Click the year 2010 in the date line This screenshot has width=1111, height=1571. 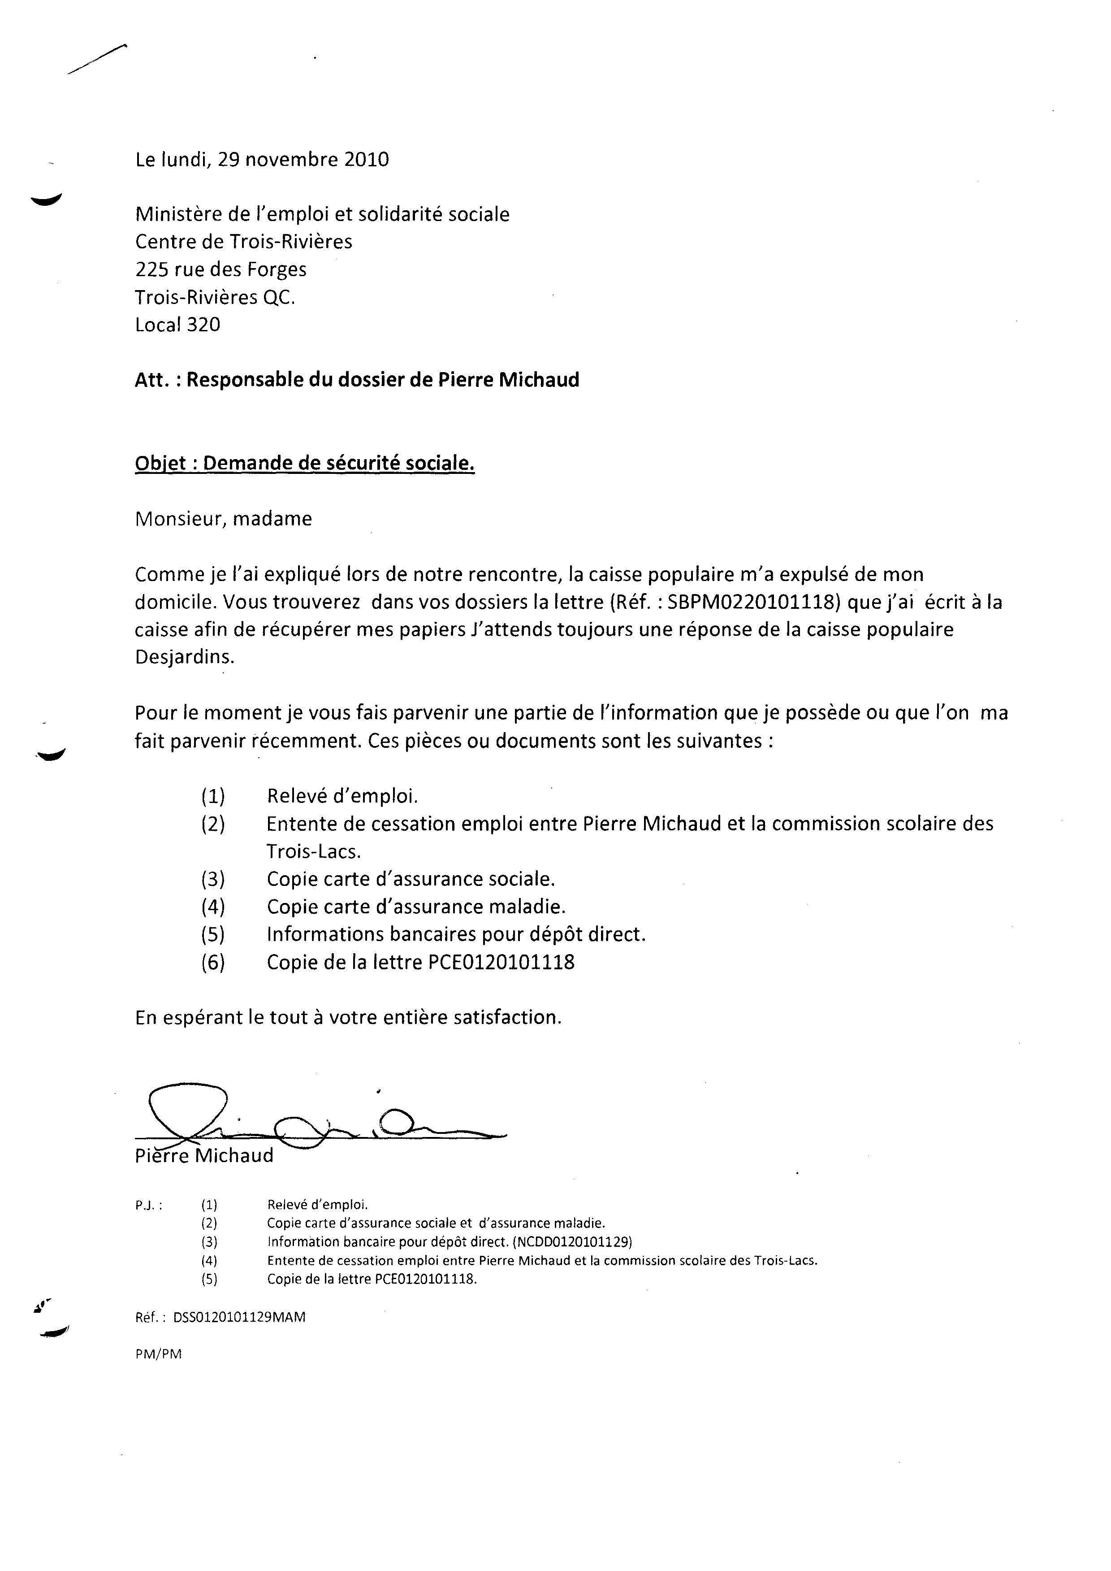coord(367,160)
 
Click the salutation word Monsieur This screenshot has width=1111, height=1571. coord(180,519)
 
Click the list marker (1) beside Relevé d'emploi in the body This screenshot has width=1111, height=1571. coord(213,796)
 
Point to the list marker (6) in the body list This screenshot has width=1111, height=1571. coord(213,963)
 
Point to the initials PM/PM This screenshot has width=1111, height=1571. coord(158,1354)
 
